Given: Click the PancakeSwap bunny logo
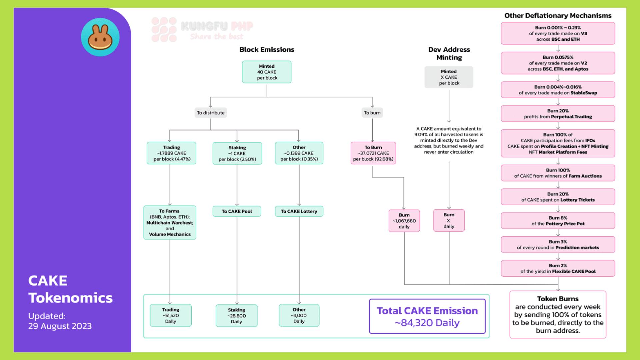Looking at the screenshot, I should coord(100,37).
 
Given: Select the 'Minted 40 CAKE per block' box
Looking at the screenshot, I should coord(267,72).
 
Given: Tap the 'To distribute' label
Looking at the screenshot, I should coord(211,113).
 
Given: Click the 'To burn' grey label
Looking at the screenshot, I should coord(372,113).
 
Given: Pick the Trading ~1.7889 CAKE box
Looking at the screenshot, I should coord(171,153).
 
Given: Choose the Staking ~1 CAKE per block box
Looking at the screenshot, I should coord(237,153).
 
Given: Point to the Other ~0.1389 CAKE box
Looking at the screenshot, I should coord(299,153).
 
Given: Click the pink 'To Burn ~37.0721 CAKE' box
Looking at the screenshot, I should coord(373,153).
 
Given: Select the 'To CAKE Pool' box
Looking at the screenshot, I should coord(237,211).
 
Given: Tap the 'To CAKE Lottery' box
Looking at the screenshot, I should coord(299,211).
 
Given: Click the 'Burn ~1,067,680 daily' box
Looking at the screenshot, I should coord(404,221).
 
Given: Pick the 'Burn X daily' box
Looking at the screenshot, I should coord(449,220).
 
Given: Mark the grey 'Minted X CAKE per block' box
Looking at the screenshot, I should coord(449,77).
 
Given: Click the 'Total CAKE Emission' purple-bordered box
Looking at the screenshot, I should coord(427,316).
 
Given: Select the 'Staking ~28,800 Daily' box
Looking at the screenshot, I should coord(236,315).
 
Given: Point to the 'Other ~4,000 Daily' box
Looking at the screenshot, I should coord(299,315).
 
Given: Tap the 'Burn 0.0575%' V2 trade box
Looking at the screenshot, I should coord(558,63).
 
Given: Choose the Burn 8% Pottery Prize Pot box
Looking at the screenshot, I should coord(558,221).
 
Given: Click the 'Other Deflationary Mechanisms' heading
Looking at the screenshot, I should coord(558,16).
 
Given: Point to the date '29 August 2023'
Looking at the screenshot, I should coord(60,326).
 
